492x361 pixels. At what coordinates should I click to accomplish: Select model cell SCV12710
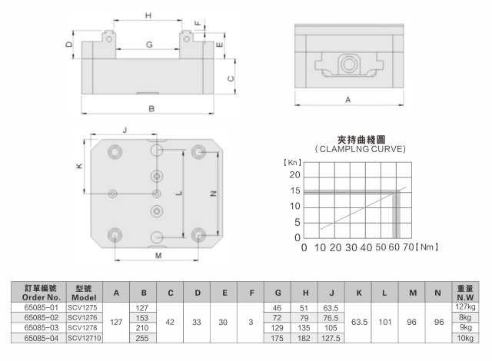(83, 336)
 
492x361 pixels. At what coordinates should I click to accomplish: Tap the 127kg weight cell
(464, 306)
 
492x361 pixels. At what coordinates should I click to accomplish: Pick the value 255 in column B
(142, 336)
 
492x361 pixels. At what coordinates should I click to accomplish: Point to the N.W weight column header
(464, 292)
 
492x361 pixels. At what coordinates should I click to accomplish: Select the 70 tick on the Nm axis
(408, 248)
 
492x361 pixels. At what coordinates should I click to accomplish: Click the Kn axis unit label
(294, 163)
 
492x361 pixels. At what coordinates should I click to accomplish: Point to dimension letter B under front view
(151, 109)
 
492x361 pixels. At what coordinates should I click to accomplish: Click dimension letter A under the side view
(347, 100)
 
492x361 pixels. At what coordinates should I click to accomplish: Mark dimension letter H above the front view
(148, 15)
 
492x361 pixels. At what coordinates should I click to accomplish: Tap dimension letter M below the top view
(158, 254)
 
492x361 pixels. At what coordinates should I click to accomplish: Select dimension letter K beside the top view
(79, 165)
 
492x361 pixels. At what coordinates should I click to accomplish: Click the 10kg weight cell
(464, 336)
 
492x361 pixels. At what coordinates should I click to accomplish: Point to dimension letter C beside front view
(230, 78)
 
